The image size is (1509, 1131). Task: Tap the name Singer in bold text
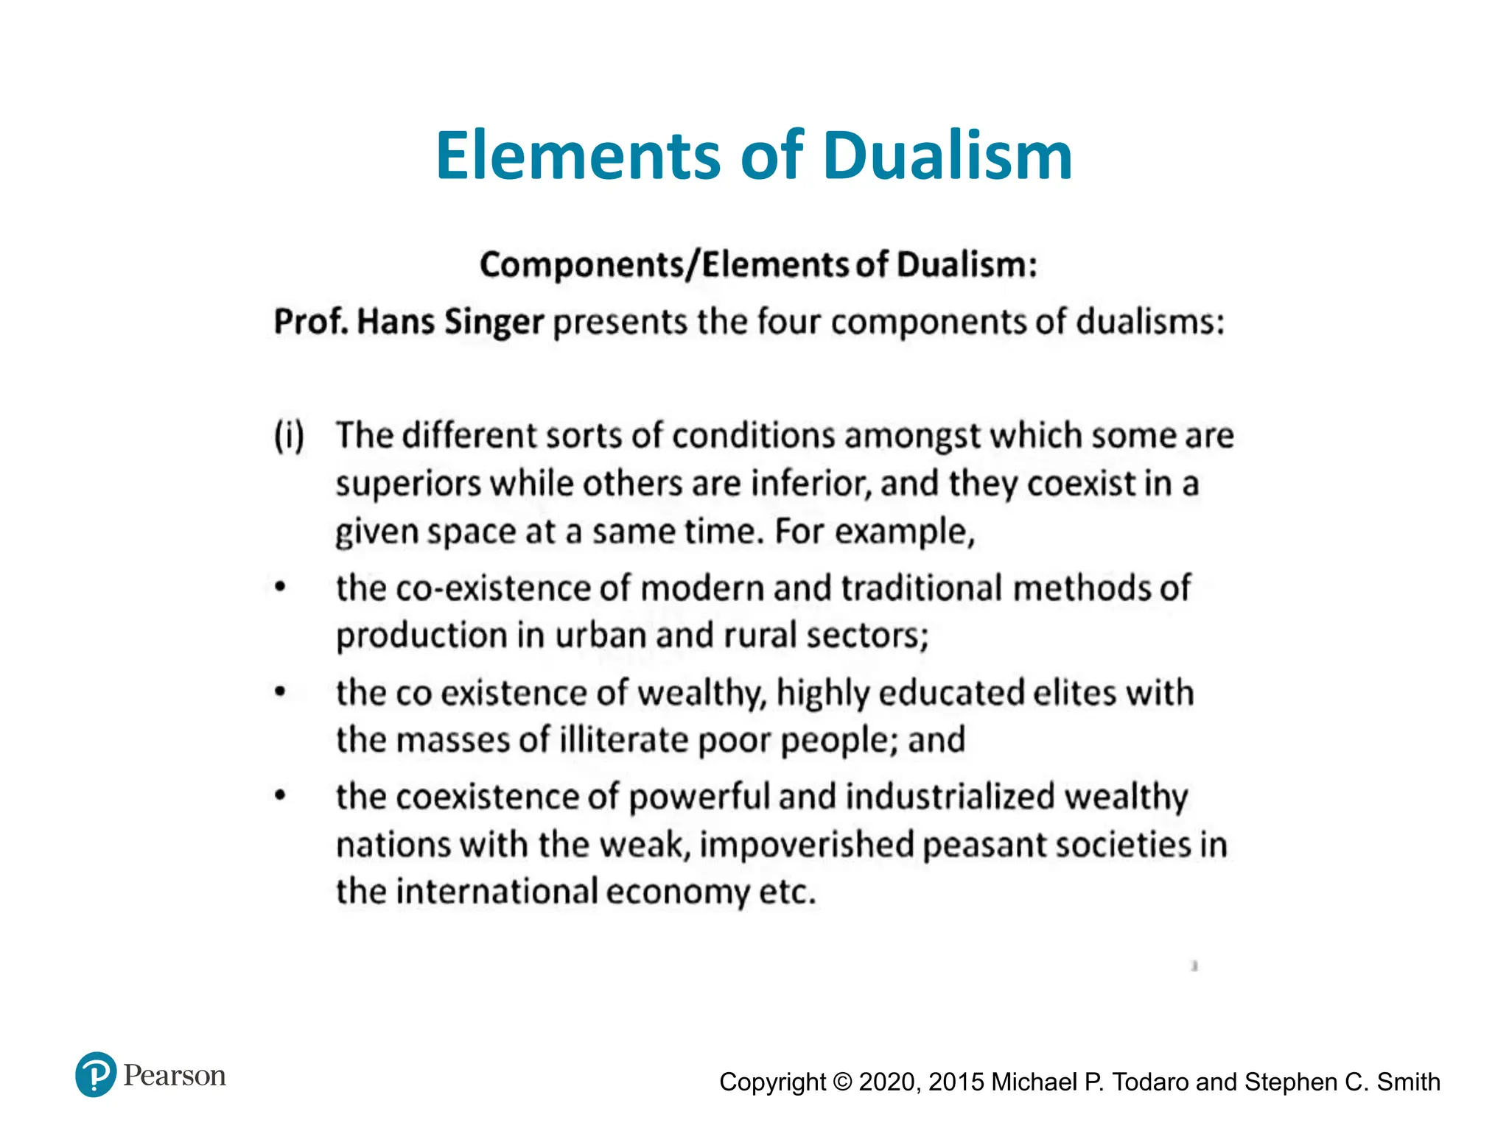tap(494, 323)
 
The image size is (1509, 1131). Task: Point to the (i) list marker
tap(289, 436)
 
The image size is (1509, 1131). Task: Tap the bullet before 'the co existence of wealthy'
tap(280, 692)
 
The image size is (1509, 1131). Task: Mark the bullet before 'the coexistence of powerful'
tap(280, 796)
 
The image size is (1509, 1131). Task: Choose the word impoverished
tap(806, 845)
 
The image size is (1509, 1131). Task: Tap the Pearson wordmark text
tap(175, 1076)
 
